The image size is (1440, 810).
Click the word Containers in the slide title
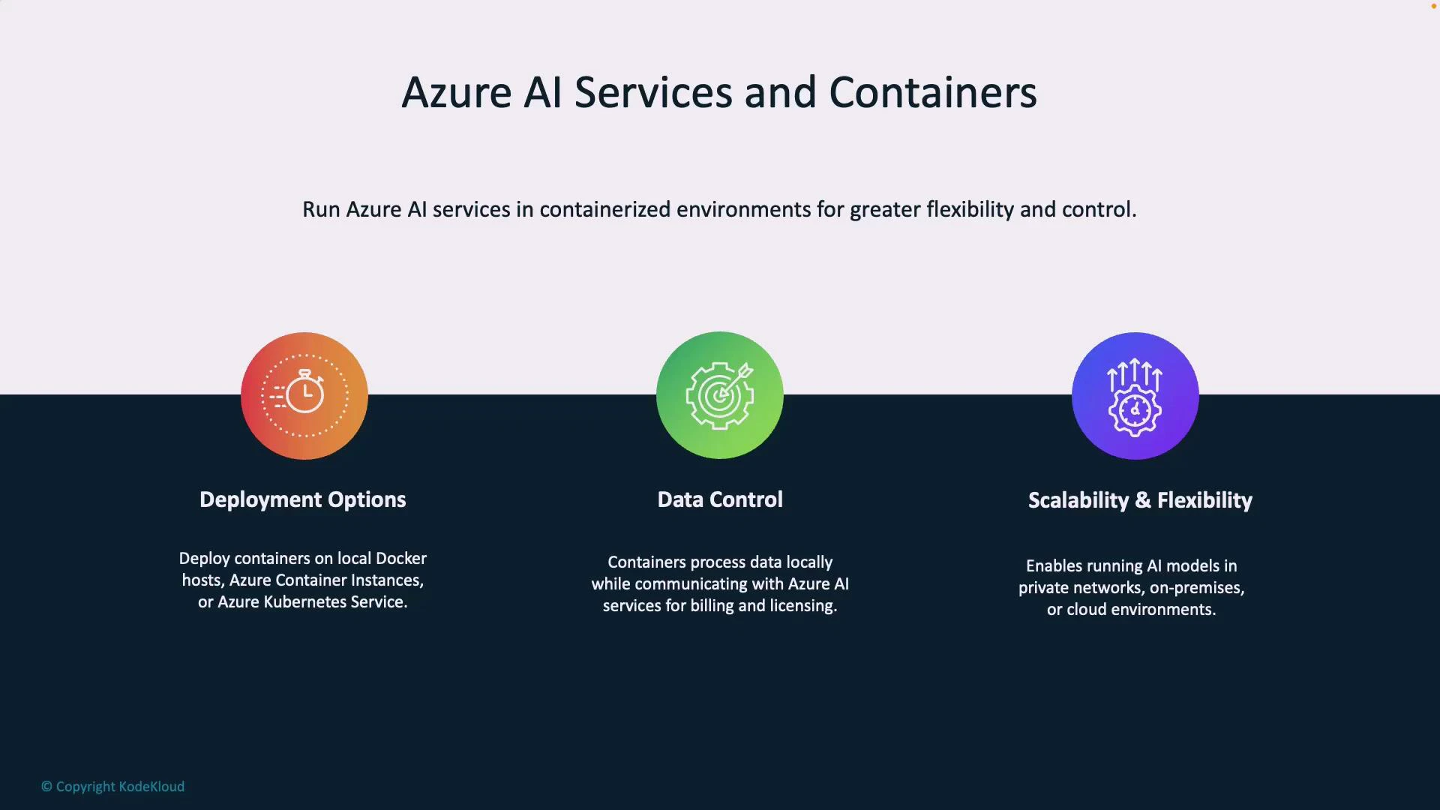(x=932, y=93)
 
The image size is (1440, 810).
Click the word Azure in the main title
(x=457, y=93)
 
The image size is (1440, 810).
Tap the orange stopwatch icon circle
(x=304, y=396)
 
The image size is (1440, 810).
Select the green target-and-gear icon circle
(x=720, y=395)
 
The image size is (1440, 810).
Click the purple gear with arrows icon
(x=1135, y=396)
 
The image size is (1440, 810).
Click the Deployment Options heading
(x=302, y=500)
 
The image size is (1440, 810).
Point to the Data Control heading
(x=720, y=500)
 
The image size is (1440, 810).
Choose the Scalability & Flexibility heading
(x=1140, y=501)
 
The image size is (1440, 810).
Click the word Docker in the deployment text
(x=400, y=559)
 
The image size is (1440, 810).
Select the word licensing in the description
(x=803, y=606)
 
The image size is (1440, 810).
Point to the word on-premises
(x=1196, y=588)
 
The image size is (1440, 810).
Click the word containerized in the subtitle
(x=604, y=210)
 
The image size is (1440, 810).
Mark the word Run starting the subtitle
(x=321, y=210)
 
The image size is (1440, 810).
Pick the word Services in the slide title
(x=652, y=93)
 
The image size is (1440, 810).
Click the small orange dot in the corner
(x=1433, y=6)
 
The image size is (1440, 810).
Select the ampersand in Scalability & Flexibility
(x=1142, y=501)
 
